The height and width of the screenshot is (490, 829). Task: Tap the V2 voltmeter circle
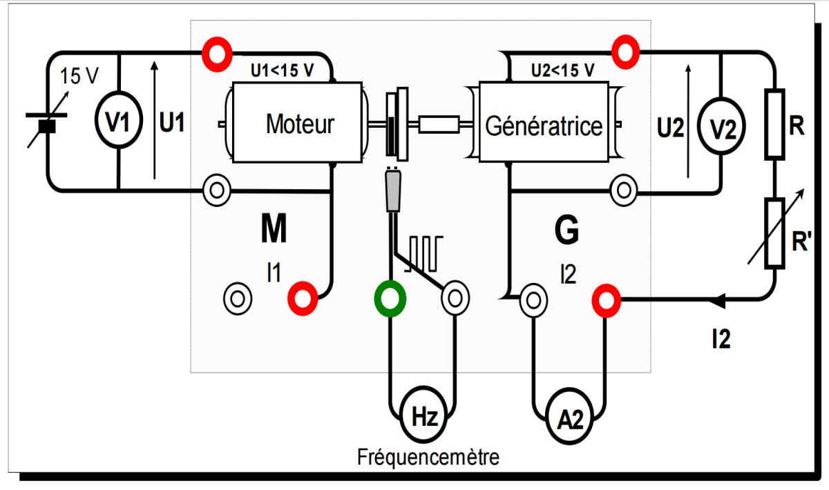720,129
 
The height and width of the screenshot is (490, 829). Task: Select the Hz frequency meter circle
423,416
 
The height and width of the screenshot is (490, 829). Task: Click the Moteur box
299,123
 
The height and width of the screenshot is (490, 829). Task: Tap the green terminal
390,299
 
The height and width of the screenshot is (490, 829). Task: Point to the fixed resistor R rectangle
774,124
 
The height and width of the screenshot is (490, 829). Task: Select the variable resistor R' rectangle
774,233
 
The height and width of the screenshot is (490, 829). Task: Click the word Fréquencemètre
428,457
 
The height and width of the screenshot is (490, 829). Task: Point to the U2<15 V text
562,70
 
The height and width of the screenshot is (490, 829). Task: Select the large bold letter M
274,229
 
